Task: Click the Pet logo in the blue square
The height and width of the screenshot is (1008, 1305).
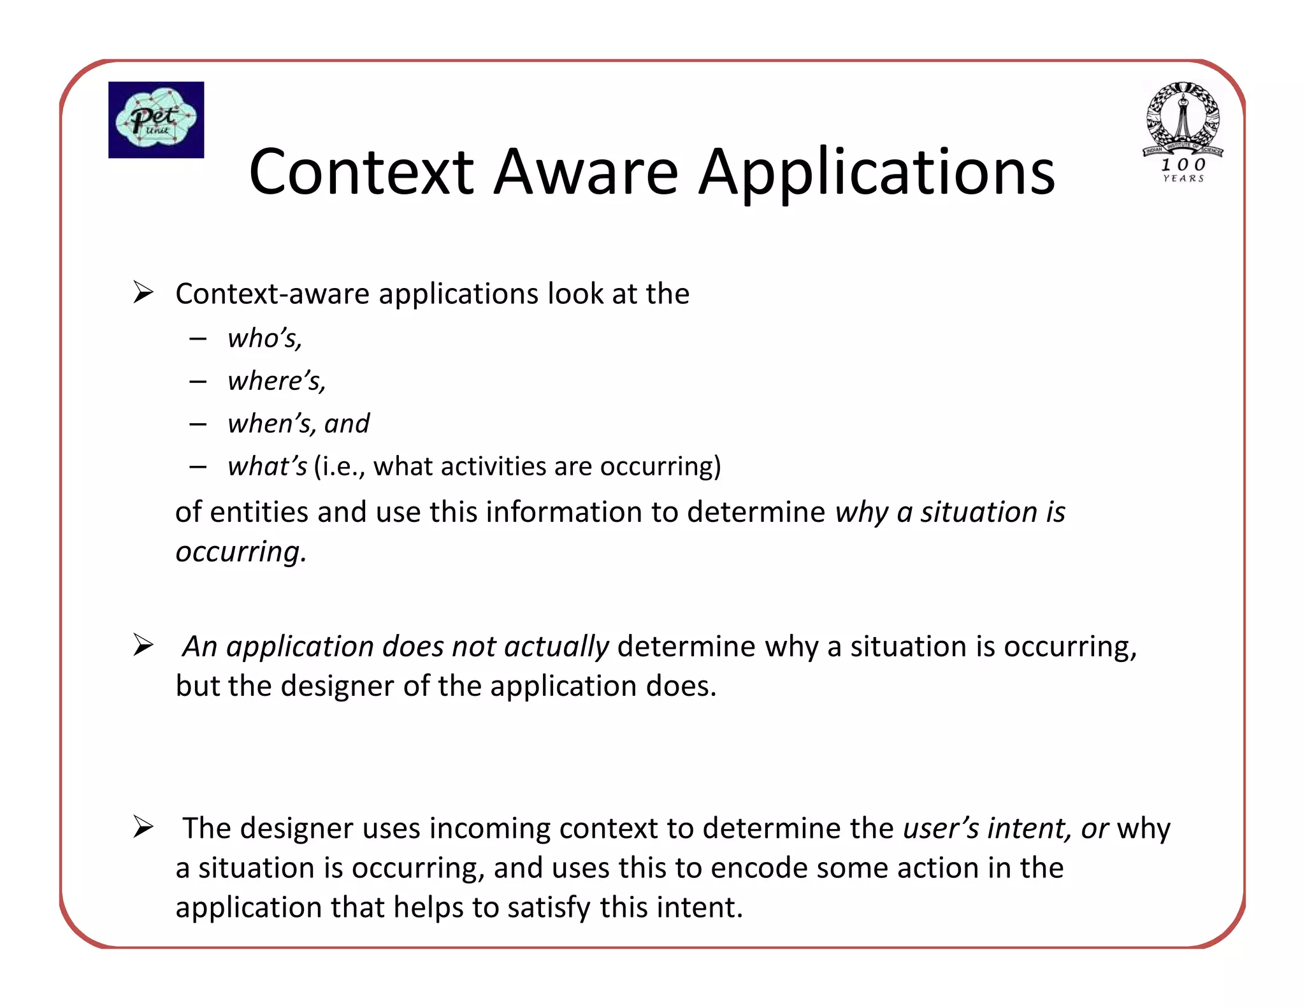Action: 156,120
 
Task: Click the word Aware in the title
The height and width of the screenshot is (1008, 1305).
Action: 586,172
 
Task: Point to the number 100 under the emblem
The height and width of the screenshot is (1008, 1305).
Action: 1183,164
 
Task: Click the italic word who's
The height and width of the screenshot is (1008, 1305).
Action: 264,338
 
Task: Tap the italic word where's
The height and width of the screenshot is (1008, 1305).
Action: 277,381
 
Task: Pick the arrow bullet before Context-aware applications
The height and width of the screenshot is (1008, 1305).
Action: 143,293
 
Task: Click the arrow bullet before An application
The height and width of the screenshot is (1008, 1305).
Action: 143,645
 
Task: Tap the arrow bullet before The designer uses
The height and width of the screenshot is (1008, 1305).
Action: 143,827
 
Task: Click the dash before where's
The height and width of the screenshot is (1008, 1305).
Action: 198,382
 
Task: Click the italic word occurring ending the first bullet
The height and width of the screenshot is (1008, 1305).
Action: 240,552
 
